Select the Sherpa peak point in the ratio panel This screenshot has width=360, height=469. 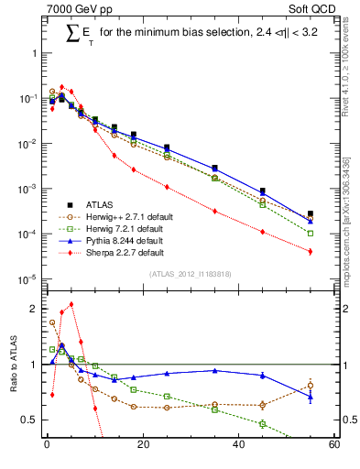[x=71, y=304]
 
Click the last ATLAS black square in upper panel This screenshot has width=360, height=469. [x=311, y=213]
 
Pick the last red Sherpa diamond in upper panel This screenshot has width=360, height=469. [x=311, y=251]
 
